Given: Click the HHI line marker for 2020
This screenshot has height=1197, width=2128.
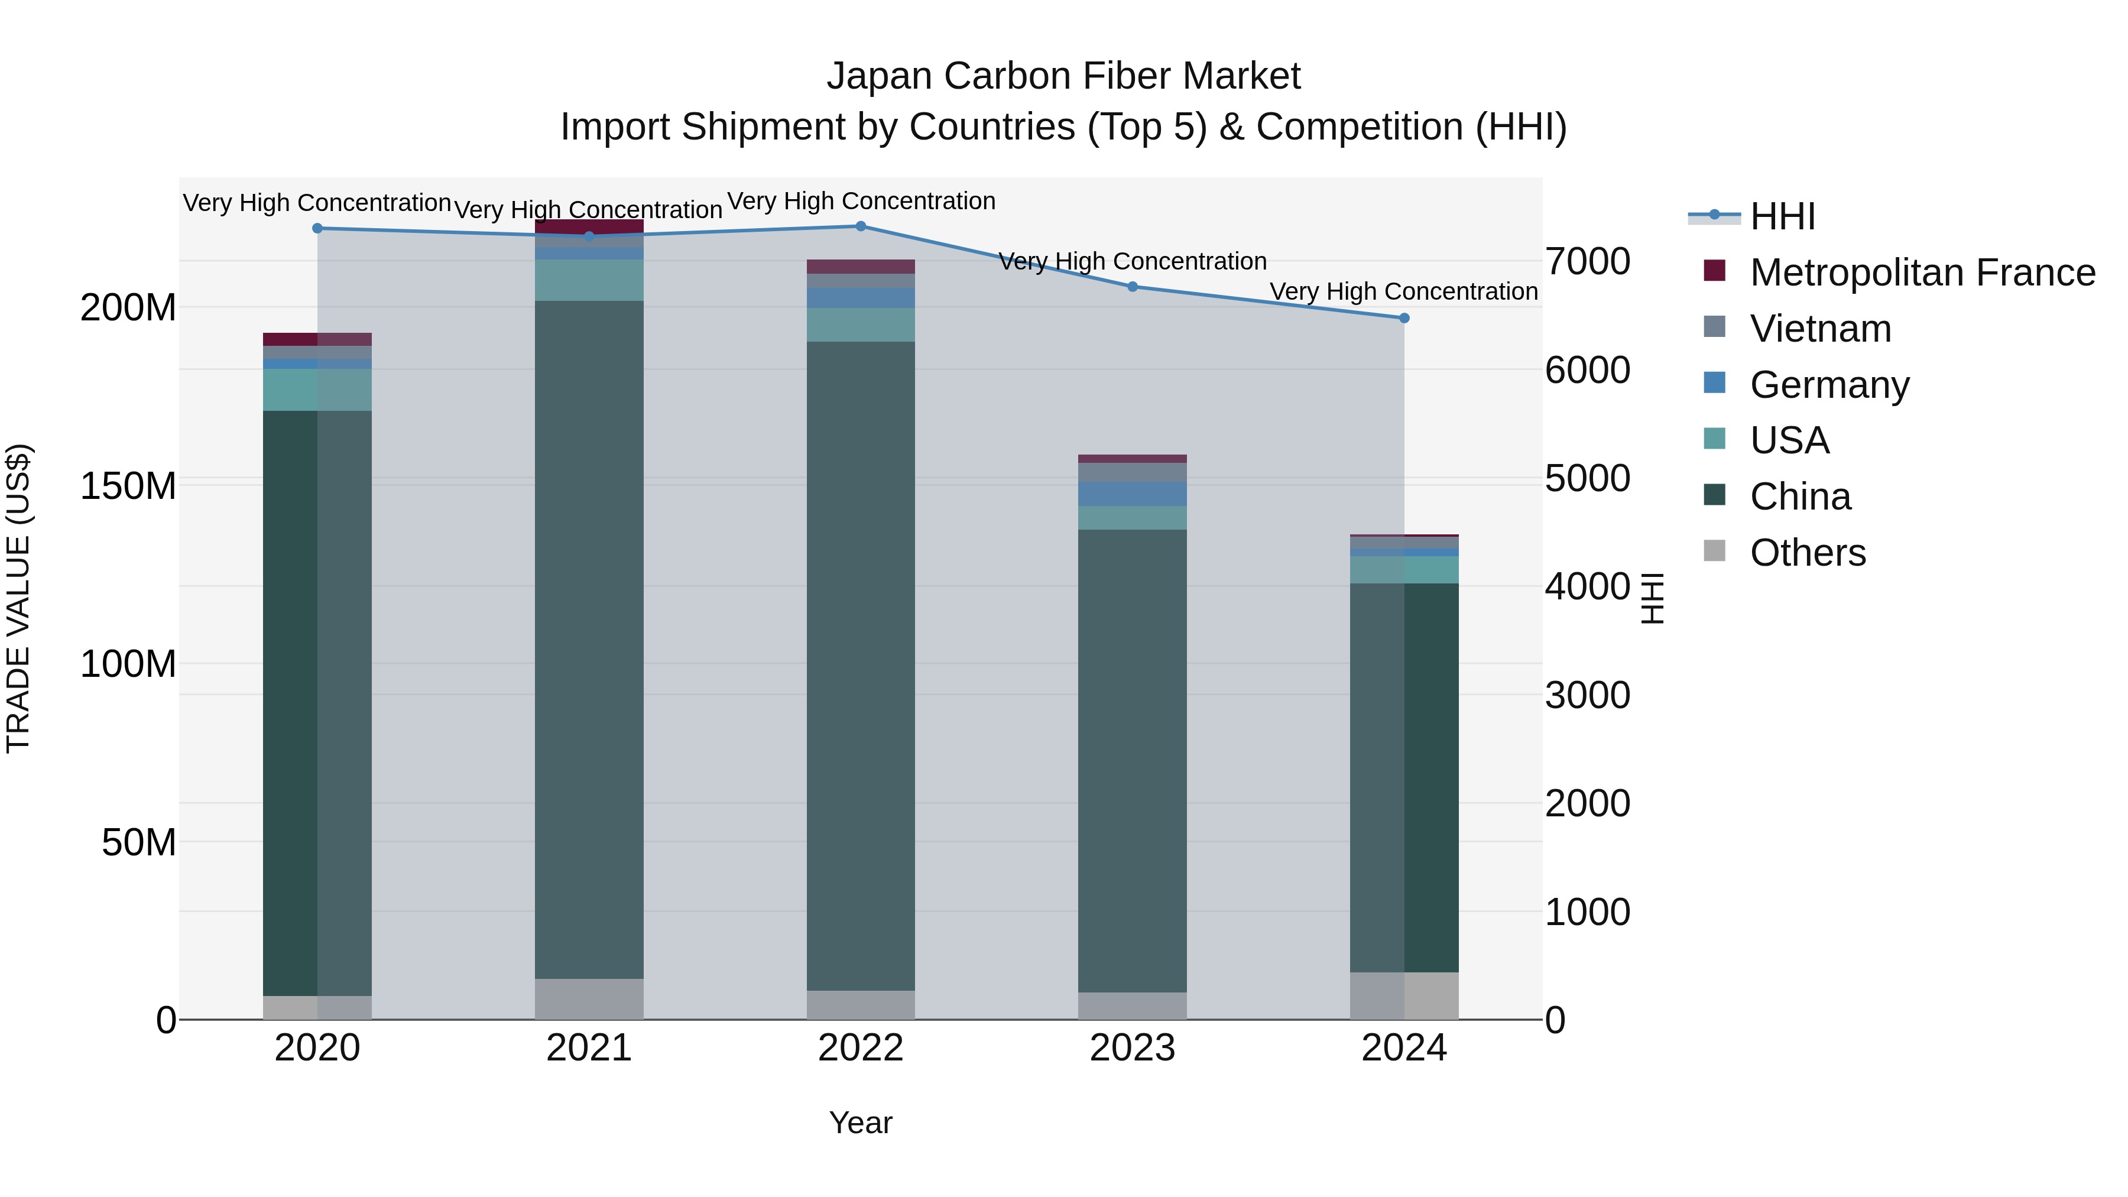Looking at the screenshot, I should click(x=317, y=228).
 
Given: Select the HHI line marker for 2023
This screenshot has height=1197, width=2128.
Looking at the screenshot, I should click(x=1133, y=287).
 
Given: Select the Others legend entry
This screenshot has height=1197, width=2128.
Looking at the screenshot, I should click(x=1808, y=553).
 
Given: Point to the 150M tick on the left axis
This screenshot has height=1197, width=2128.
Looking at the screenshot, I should click(x=128, y=486).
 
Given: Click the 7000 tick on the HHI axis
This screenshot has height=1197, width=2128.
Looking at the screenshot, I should click(x=1587, y=261).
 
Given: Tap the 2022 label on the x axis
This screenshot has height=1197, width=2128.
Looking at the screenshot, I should click(x=860, y=1048).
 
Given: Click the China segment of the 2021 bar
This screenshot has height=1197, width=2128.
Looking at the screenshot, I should click(x=589, y=640).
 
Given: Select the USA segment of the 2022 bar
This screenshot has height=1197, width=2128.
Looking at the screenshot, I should click(x=860, y=325).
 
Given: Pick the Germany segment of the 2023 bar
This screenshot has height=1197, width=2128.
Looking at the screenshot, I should click(x=1132, y=494).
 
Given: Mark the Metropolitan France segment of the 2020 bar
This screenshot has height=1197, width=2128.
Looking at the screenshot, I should click(x=317, y=339).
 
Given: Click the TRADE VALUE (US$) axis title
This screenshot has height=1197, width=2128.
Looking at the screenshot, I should click(x=18, y=598).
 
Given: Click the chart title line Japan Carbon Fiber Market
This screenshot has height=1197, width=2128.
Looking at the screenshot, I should click(x=1063, y=76).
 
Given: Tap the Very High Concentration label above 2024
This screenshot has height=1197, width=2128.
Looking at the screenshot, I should click(x=1403, y=291).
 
